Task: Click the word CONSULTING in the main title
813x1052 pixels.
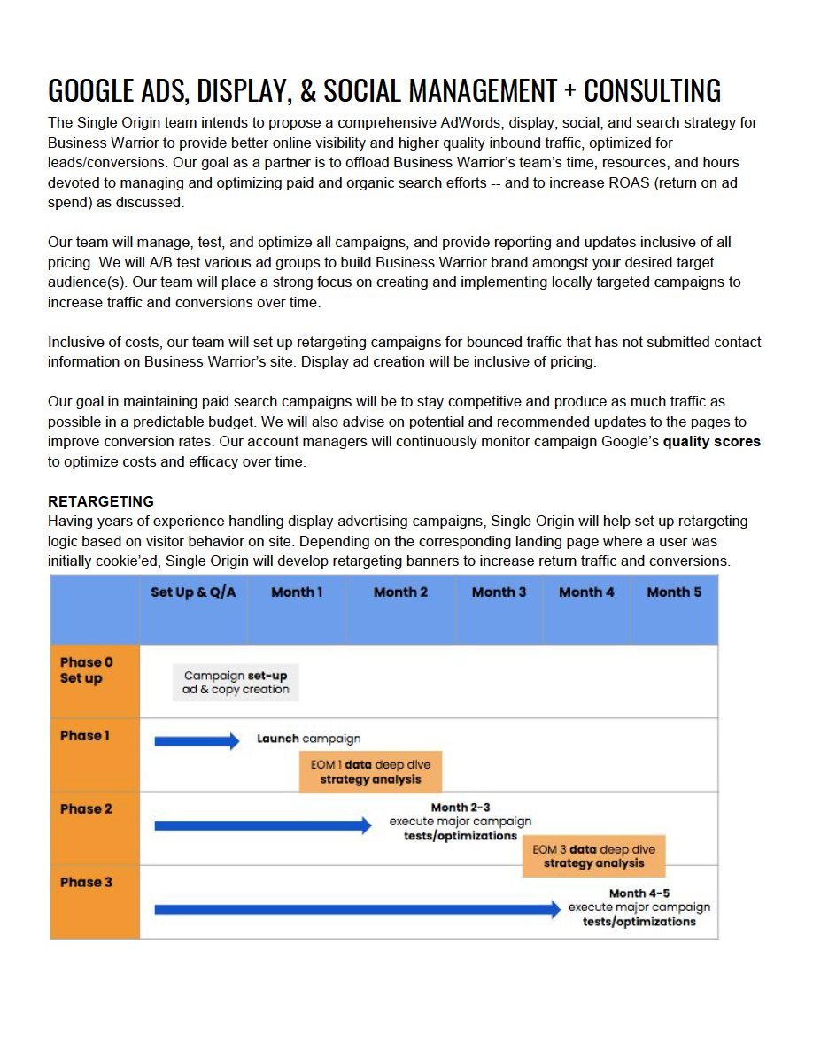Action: [x=652, y=90]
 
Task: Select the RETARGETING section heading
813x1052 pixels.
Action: [x=101, y=501]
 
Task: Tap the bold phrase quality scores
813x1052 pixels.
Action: [x=711, y=441]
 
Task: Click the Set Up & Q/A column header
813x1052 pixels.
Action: [x=193, y=592]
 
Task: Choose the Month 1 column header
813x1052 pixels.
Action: [x=297, y=592]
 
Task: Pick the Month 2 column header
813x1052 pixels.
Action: [x=400, y=592]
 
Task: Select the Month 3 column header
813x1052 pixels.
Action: [x=499, y=592]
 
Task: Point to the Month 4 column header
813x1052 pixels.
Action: [x=586, y=592]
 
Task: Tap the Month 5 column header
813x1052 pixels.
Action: [x=674, y=592]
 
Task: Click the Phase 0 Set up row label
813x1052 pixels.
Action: [x=86, y=670]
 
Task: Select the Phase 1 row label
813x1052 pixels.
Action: [x=85, y=736]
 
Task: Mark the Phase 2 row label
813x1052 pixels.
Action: [x=86, y=808]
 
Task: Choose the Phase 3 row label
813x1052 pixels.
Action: [x=86, y=882]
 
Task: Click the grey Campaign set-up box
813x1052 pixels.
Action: [x=236, y=683]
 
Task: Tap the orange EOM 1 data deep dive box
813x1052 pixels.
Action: [x=370, y=772]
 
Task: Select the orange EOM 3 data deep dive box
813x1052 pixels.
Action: [x=593, y=856]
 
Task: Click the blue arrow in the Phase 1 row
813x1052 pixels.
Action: [x=197, y=741]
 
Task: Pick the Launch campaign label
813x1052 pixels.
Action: [x=308, y=739]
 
